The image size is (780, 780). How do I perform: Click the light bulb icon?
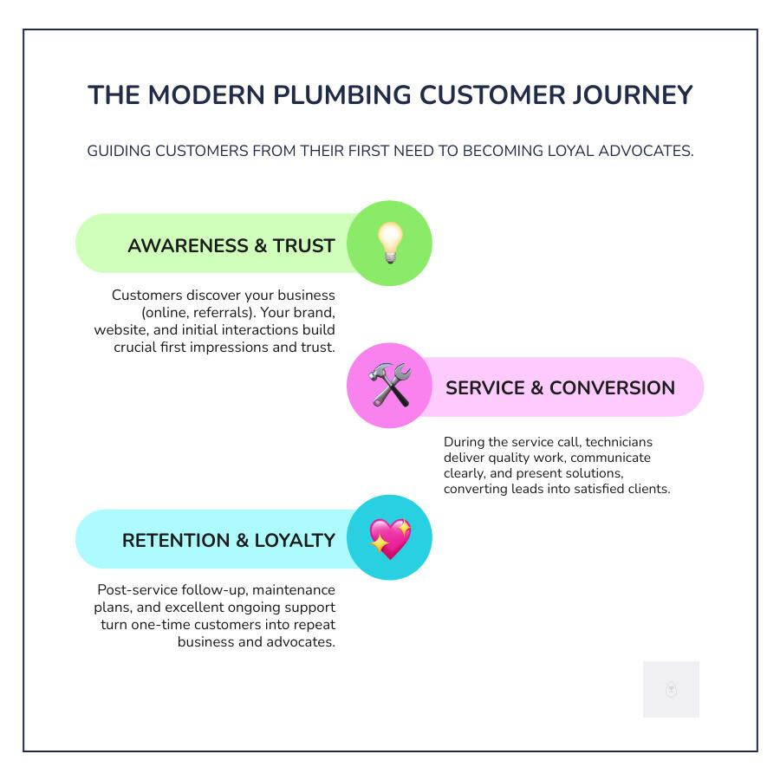tap(389, 243)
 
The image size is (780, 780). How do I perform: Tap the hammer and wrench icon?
tap(389, 385)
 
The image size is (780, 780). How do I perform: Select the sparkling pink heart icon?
tap(389, 538)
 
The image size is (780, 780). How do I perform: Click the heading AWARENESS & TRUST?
tap(231, 246)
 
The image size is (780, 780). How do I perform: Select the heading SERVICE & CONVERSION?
tap(560, 388)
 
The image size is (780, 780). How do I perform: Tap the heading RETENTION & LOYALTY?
tap(228, 541)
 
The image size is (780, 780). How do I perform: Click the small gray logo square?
tap(671, 690)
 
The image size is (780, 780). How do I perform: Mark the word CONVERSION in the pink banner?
tap(612, 388)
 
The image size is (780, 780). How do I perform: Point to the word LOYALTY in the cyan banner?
tap(295, 541)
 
